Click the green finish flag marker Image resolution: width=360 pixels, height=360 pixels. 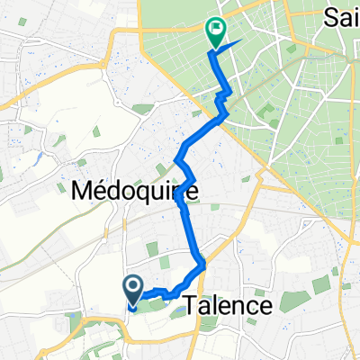[x=216, y=32]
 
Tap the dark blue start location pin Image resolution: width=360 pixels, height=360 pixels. [x=132, y=290]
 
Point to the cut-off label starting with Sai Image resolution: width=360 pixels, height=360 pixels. [x=340, y=15]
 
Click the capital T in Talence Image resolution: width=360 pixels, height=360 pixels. [x=192, y=306]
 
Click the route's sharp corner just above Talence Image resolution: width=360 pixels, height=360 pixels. [x=206, y=265]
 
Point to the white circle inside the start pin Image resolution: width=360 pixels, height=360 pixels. [x=132, y=286]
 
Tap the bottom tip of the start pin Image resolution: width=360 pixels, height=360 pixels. [x=132, y=304]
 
